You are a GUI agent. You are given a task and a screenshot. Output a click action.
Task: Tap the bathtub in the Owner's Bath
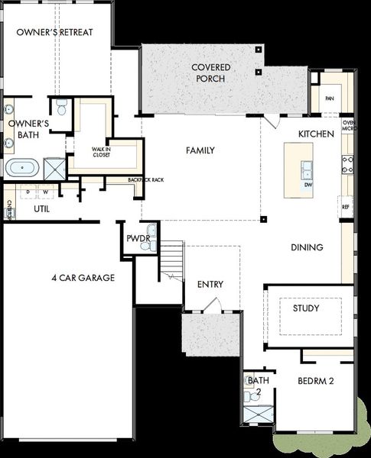click(x=23, y=166)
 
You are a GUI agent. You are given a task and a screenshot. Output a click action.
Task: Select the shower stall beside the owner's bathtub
click(x=54, y=168)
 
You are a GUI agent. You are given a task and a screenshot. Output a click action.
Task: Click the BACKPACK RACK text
click(x=145, y=180)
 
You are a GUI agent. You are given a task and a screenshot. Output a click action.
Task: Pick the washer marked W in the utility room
click(x=46, y=192)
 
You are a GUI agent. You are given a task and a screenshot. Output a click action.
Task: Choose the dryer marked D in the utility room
click(x=28, y=192)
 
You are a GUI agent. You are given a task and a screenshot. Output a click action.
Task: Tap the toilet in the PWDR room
click(x=151, y=231)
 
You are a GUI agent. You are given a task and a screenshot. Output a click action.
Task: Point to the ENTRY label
click(x=210, y=284)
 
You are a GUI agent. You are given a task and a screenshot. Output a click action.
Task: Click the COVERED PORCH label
click(x=211, y=73)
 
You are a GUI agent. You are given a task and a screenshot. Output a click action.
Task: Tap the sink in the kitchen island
click(x=306, y=169)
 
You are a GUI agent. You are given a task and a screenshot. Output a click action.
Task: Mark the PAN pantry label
click(x=330, y=98)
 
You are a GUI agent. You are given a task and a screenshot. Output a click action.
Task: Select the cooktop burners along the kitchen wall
click(x=347, y=165)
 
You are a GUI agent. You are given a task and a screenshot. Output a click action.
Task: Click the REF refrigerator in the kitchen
click(x=346, y=206)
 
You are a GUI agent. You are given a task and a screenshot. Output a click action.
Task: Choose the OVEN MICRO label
click(x=348, y=126)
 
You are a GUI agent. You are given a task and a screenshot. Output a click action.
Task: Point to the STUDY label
click(x=306, y=308)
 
